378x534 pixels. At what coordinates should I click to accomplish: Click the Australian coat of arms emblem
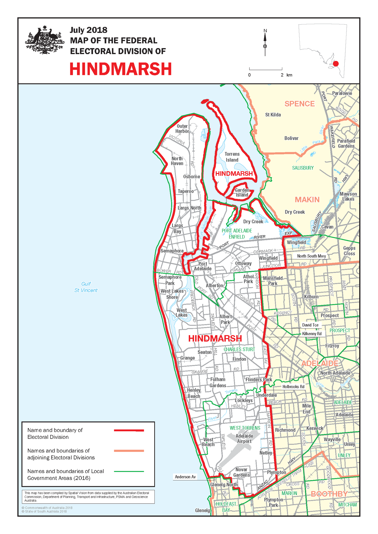(x=45, y=40)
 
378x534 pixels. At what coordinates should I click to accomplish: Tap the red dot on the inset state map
(x=336, y=64)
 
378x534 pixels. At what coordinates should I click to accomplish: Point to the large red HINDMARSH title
(x=121, y=69)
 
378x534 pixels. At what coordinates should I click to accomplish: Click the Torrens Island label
(x=232, y=157)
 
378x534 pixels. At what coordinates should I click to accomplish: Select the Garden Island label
(x=242, y=193)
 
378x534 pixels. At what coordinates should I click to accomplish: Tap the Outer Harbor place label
(x=182, y=129)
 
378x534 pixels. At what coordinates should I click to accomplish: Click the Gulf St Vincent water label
(x=86, y=287)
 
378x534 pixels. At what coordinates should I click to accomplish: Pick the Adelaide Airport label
(x=244, y=439)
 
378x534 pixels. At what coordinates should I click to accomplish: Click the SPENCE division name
(x=300, y=104)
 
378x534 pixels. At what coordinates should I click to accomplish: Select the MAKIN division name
(x=307, y=200)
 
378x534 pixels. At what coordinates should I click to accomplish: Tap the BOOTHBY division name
(x=329, y=494)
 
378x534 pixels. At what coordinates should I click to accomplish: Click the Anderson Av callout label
(x=185, y=477)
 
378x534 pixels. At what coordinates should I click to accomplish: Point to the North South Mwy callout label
(x=311, y=256)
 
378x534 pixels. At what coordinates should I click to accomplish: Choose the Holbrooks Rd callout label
(x=293, y=386)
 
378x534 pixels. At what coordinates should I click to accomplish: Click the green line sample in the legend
(x=129, y=471)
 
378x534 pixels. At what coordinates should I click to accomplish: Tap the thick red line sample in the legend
(x=129, y=431)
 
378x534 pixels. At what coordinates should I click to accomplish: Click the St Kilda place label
(x=273, y=115)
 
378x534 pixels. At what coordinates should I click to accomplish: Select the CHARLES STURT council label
(x=239, y=349)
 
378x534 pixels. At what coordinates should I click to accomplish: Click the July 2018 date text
(x=88, y=30)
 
